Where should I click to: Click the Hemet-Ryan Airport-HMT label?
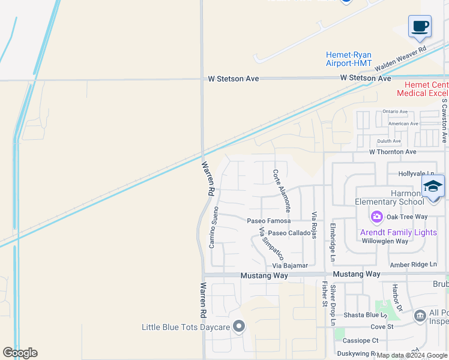tap(349, 59)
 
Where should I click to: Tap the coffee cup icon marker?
tap(420, 27)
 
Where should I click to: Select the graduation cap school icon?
tap(433, 186)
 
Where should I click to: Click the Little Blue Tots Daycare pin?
tap(240, 327)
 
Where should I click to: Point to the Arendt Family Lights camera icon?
tap(377, 217)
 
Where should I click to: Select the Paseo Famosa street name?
tap(269, 221)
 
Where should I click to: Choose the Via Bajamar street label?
tap(290, 265)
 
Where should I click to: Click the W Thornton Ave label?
tap(393, 152)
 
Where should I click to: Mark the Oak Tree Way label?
tap(407, 217)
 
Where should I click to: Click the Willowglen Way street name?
tap(385, 241)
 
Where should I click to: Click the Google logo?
tap(20, 353)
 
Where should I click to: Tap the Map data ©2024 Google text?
tap(412, 355)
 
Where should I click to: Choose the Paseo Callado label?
tap(289, 233)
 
